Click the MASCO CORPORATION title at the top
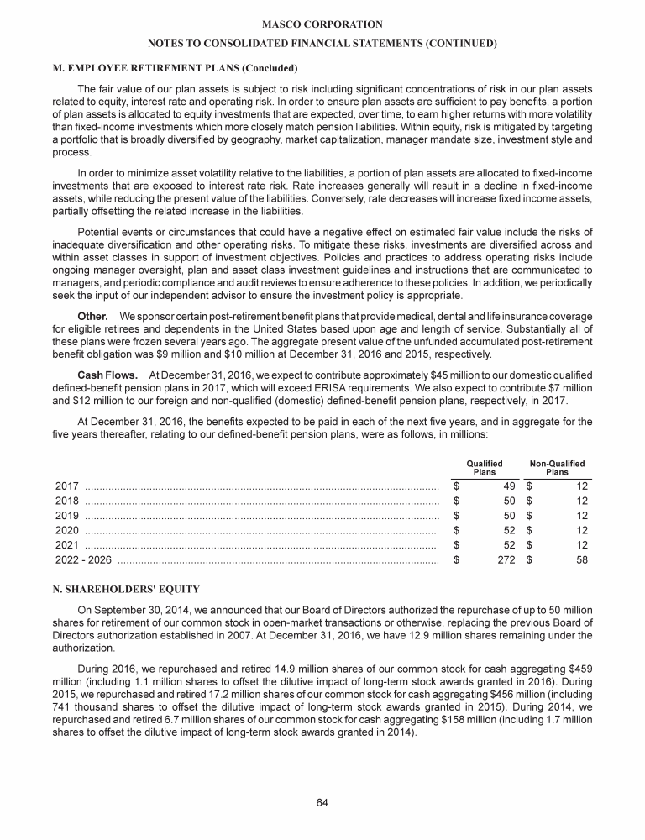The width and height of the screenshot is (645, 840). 322,25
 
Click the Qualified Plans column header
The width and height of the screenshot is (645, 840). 484,468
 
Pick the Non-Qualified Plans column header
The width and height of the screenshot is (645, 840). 557,468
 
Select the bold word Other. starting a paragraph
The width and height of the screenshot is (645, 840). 92,314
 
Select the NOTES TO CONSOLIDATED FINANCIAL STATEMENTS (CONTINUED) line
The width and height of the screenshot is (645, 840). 322,43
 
